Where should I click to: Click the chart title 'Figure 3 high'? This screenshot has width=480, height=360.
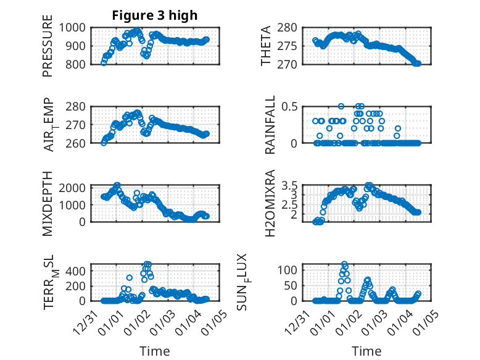pos(154,15)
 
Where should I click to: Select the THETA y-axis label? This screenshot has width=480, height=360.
pos(266,46)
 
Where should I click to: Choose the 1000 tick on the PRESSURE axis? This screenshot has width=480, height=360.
pos(77,27)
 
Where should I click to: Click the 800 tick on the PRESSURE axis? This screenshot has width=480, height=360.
pos(80,64)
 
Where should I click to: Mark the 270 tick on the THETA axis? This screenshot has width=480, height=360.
pos(292,64)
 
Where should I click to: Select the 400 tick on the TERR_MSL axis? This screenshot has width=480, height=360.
pos(80,271)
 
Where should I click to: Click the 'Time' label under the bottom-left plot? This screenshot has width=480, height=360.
pos(154,351)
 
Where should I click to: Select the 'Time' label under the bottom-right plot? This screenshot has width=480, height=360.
pos(366,351)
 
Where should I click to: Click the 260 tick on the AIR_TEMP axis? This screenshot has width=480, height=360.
pos(80,143)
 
